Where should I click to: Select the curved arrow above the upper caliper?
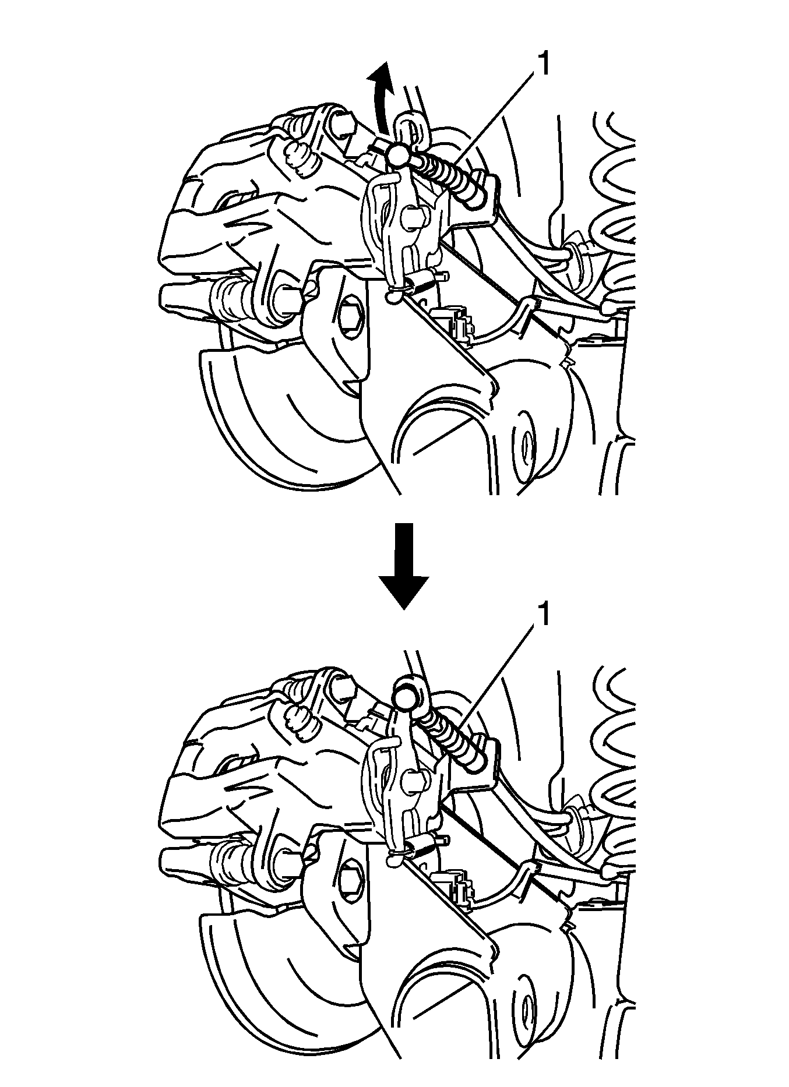click(381, 99)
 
